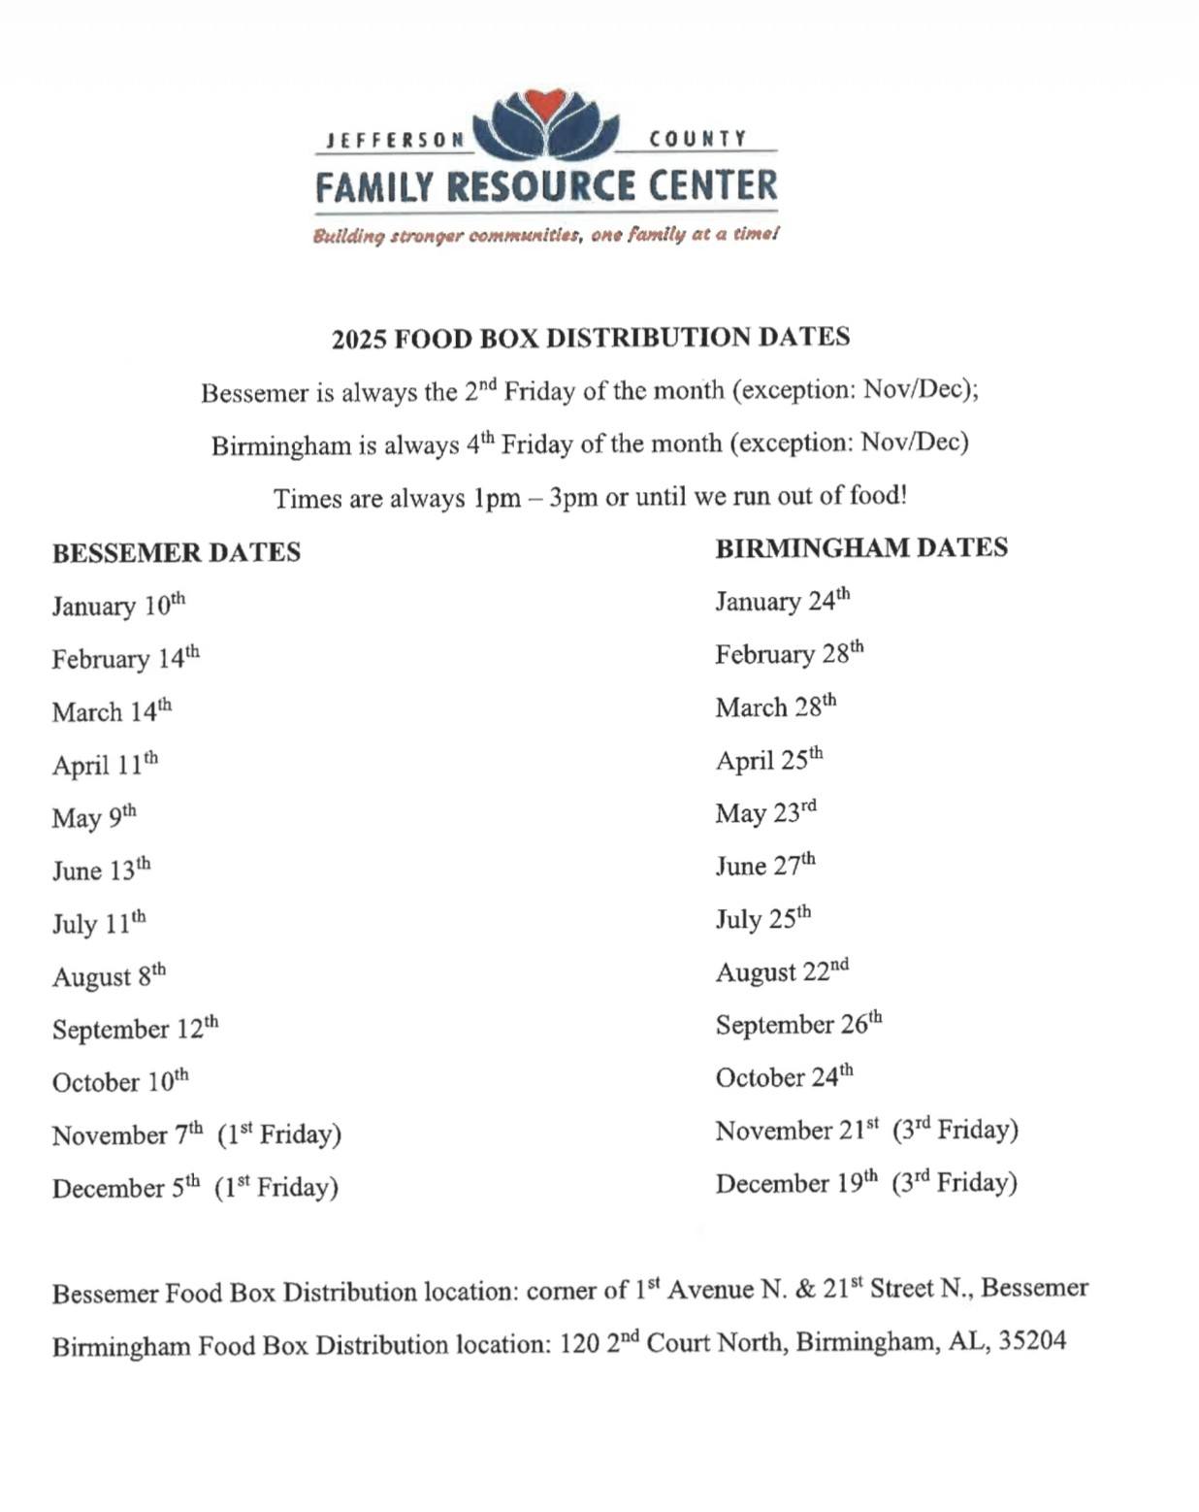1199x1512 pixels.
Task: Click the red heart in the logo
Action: point(546,103)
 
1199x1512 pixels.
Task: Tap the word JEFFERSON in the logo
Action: point(396,140)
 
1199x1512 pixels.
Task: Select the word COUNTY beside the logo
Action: point(698,139)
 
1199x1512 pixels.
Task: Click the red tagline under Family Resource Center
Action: point(546,235)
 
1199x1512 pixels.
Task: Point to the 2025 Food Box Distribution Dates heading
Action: point(591,338)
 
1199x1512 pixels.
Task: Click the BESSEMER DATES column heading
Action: point(177,552)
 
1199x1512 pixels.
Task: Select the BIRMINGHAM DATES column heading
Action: point(861,547)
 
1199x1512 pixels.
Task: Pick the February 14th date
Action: point(126,658)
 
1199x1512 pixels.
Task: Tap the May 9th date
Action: point(94,817)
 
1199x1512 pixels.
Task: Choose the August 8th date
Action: point(109,975)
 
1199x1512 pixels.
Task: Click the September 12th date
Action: point(135,1029)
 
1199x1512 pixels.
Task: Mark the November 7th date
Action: point(128,1134)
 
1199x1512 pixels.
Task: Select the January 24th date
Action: point(783,601)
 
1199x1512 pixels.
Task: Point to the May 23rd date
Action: point(766,812)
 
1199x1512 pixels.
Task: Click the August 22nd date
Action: point(782,971)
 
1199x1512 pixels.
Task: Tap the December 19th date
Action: point(796,1183)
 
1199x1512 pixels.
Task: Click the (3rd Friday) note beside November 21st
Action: point(956,1130)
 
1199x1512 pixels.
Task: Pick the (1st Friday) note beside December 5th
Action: point(276,1187)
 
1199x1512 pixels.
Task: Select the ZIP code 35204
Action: point(1032,1341)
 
